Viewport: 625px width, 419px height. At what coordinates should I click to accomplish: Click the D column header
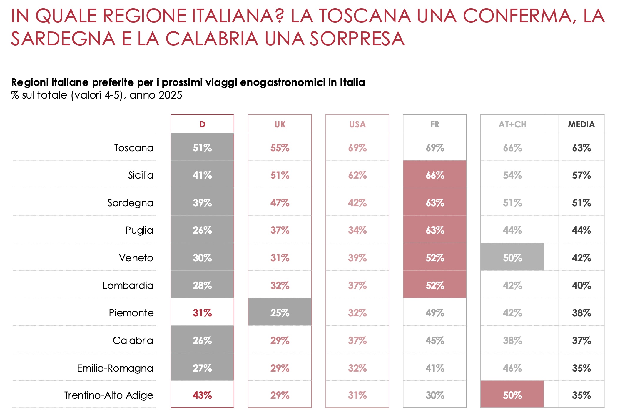pyautogui.click(x=202, y=124)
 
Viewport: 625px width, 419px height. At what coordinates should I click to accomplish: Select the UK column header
pyautogui.click(x=280, y=124)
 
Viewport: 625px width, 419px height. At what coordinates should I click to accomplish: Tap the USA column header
pyautogui.click(x=357, y=124)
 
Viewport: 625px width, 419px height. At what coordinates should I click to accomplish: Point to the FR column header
pyautogui.click(x=435, y=124)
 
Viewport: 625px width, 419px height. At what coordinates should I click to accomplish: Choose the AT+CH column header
pyautogui.click(x=512, y=124)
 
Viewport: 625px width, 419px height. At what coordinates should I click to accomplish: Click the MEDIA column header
pyautogui.click(x=581, y=124)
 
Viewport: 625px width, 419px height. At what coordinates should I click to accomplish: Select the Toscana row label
pyautogui.click(x=134, y=148)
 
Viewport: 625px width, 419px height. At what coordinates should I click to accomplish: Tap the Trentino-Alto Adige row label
pyautogui.click(x=109, y=395)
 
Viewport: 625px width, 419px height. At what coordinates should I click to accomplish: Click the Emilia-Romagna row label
pyautogui.click(x=115, y=368)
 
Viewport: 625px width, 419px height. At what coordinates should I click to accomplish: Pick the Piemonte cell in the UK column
pyautogui.click(x=280, y=312)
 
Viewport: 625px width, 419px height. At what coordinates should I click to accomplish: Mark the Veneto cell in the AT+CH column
pyautogui.click(x=512, y=258)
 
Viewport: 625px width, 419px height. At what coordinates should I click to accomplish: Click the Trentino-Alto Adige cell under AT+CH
pyautogui.click(x=512, y=395)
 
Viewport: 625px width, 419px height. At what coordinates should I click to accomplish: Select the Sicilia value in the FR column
pyautogui.click(x=435, y=175)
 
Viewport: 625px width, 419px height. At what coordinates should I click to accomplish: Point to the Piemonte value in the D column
pyautogui.click(x=202, y=313)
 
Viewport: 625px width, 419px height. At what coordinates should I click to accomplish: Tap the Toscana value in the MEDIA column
pyautogui.click(x=581, y=148)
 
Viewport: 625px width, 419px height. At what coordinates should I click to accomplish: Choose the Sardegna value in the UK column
pyautogui.click(x=280, y=203)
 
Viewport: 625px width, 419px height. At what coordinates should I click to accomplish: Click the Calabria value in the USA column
pyautogui.click(x=357, y=340)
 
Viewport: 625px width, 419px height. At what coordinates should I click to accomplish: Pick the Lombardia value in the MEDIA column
pyautogui.click(x=581, y=285)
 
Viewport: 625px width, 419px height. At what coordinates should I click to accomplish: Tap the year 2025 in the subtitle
pyautogui.click(x=170, y=95)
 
